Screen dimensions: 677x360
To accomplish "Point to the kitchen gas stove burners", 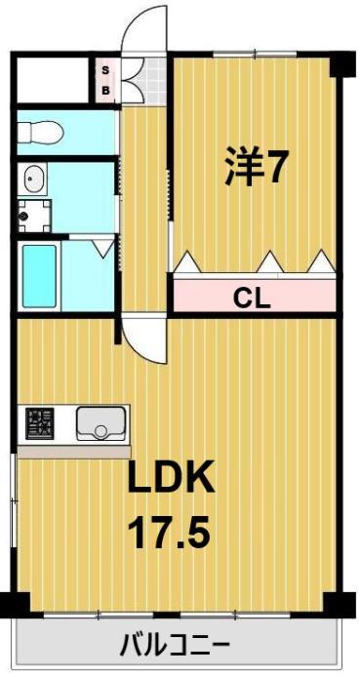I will point(40,422).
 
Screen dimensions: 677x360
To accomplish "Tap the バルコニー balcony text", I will point(175,646).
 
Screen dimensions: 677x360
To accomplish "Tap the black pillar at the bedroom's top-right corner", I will point(338,64).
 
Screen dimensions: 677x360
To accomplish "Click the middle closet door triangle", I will point(269,261).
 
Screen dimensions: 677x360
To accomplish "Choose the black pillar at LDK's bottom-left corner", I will point(10,605).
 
